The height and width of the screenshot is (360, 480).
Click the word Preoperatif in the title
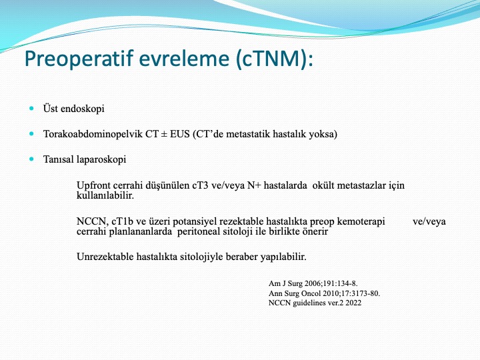click(79, 59)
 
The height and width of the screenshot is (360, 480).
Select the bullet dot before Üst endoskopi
click(31, 108)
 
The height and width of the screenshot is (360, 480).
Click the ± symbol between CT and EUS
click(164, 135)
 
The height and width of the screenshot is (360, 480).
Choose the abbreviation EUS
click(180, 134)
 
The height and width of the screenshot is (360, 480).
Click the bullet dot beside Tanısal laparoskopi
click(31, 159)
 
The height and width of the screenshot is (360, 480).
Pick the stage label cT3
click(200, 185)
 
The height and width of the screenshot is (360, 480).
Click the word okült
click(323, 185)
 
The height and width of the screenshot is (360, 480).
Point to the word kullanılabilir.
click(105, 195)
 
